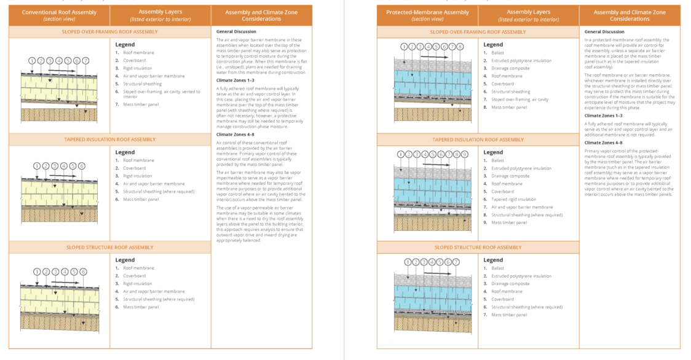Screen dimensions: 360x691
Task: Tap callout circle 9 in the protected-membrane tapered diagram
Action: (x=465, y=154)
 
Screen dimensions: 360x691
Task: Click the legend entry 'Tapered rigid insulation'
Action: (x=513, y=199)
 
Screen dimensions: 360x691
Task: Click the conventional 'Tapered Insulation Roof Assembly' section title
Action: (x=110, y=139)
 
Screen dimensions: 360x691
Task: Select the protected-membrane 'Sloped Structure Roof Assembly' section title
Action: (x=478, y=247)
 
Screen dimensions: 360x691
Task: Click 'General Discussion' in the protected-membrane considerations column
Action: (x=604, y=31)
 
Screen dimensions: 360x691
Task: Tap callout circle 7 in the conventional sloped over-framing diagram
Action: (x=85, y=61)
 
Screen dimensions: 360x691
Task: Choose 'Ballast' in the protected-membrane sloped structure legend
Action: (x=497, y=268)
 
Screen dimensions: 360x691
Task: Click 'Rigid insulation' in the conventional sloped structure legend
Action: (x=138, y=284)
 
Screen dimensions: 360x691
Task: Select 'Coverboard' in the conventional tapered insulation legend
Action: (x=134, y=168)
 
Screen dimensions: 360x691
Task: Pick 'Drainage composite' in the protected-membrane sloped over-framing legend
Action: (x=510, y=69)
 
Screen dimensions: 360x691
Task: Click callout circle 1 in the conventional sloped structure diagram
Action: (x=38, y=272)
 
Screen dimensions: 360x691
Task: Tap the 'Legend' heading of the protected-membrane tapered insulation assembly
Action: (x=493, y=152)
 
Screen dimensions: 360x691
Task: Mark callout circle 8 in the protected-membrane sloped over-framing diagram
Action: (x=460, y=47)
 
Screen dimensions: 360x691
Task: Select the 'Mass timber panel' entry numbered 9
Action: (x=508, y=222)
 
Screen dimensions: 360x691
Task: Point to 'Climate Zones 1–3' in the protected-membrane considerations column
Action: (x=603, y=115)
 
